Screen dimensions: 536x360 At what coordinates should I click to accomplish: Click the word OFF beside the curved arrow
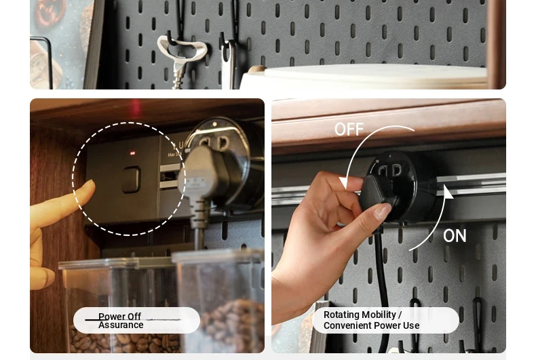[349, 129]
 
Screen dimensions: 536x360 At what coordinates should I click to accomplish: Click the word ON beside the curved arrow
[455, 236]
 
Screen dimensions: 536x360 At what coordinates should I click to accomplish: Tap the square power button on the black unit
[131, 179]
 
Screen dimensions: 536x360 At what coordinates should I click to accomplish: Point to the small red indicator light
[132, 153]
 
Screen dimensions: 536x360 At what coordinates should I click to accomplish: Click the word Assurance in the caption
[121, 325]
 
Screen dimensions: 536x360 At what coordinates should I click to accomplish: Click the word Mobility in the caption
[379, 315]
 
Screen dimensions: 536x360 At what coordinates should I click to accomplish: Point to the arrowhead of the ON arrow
[448, 191]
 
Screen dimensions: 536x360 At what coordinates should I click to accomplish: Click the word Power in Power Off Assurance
[109, 317]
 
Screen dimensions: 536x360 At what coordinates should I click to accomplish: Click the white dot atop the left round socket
[214, 123]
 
